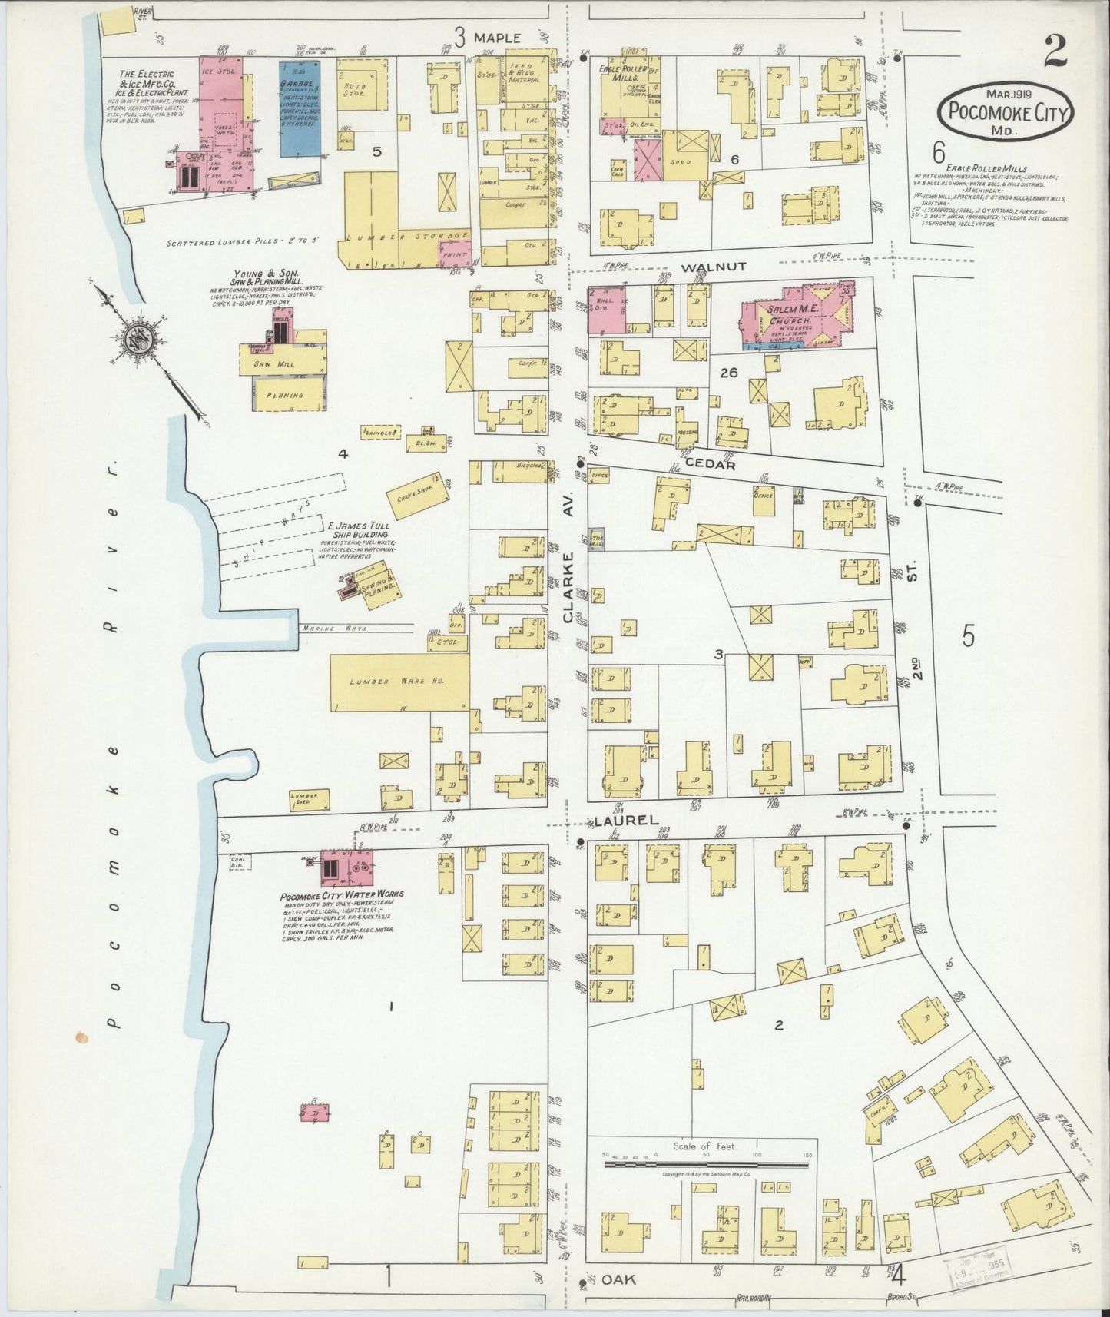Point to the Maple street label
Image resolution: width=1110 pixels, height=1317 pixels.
click(x=497, y=38)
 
